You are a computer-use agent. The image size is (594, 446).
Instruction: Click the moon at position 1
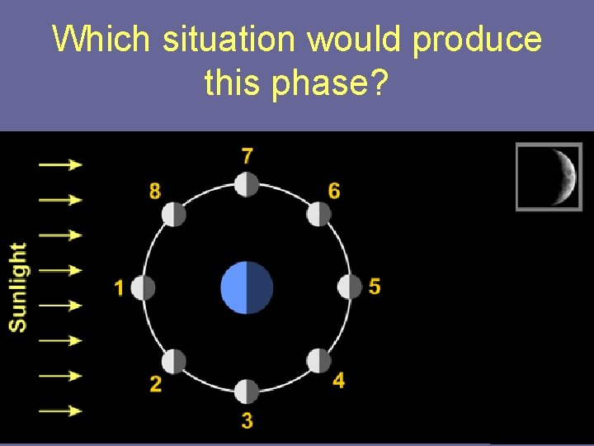[144, 288]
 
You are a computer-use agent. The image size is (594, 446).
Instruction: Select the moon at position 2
[174, 362]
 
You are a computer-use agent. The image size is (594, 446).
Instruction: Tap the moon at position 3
[247, 391]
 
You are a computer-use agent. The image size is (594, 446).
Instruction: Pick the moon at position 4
[319, 362]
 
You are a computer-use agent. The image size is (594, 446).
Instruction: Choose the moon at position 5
[350, 287]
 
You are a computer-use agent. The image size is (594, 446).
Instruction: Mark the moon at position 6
[319, 215]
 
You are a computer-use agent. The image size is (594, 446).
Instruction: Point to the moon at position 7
[247, 184]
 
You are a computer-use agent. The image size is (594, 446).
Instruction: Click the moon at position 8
[174, 215]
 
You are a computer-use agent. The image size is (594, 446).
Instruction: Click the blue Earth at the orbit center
[247, 288]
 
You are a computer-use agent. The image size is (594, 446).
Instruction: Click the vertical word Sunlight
[17, 287]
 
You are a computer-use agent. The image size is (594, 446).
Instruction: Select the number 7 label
[247, 155]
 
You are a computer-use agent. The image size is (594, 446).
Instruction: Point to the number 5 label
[375, 287]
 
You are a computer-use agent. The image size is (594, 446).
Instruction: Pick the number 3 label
[247, 420]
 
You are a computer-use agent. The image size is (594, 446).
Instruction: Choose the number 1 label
[119, 288]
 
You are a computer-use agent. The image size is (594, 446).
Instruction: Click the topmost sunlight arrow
[61, 164]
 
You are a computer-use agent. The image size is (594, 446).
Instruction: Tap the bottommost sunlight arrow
[61, 410]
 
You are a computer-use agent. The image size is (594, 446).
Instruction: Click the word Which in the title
[103, 40]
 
